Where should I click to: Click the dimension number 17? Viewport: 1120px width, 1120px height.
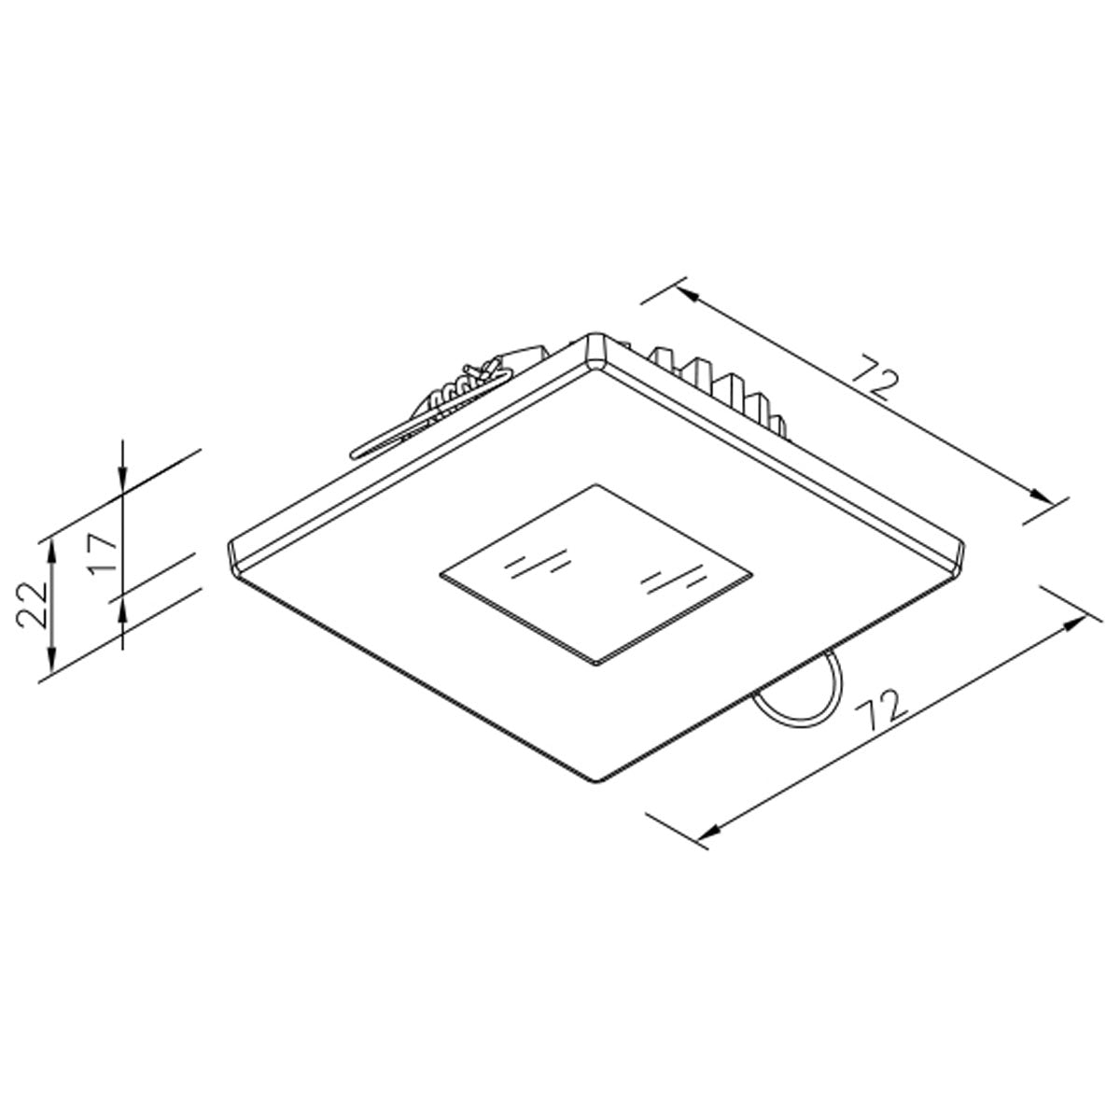tap(103, 553)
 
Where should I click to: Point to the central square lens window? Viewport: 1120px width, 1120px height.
tap(596, 573)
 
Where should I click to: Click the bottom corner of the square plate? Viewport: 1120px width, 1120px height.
tap(597, 778)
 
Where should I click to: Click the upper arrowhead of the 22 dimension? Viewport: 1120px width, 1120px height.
tap(53, 547)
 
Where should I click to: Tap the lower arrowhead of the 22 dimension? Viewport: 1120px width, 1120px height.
tap(53, 663)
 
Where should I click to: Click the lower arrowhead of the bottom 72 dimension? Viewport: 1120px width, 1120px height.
tap(711, 830)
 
